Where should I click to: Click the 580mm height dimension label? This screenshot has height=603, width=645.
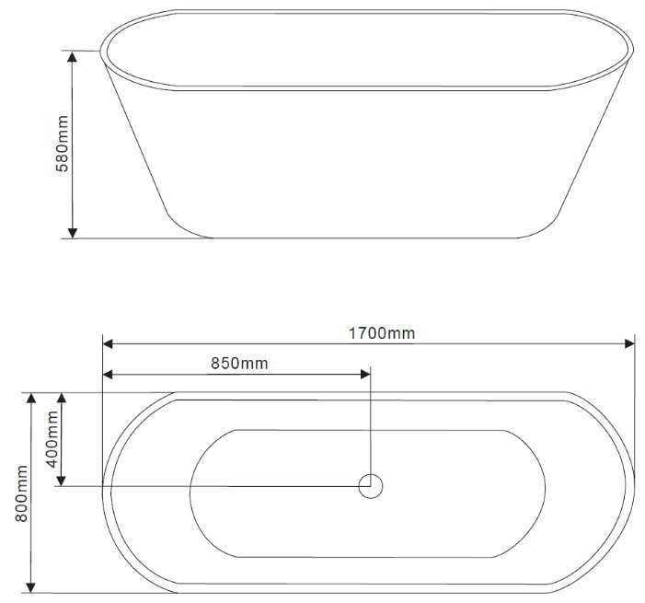(63, 144)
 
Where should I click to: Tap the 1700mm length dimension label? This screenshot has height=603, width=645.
(382, 333)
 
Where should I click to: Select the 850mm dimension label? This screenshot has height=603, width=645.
(239, 364)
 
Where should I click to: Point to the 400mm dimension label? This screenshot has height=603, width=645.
(52, 439)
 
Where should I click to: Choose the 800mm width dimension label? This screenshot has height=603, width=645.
(21, 493)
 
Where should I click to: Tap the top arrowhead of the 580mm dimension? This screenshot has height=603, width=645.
(73, 57)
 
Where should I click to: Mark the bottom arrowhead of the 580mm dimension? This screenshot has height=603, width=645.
(73, 233)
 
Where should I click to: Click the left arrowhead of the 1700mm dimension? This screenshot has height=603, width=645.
(108, 343)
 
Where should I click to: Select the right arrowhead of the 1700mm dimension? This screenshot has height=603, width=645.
(629, 343)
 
